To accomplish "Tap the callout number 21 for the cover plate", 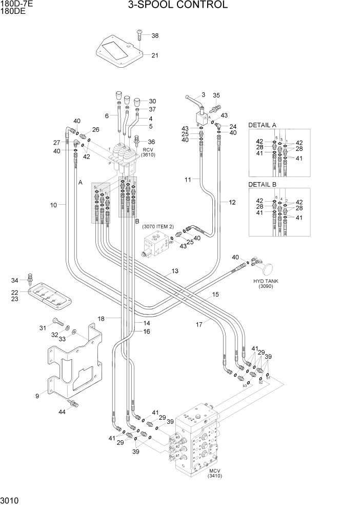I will click(x=154, y=56).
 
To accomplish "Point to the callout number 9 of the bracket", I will click(x=37, y=396).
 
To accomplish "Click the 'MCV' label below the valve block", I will click(x=214, y=471).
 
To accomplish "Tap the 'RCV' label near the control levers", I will click(x=148, y=149).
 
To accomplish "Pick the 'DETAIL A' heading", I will click(x=262, y=125).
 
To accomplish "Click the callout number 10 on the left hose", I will click(x=53, y=205).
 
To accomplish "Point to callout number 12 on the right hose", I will click(x=232, y=202).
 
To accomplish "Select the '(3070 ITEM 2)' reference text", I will click(x=158, y=226).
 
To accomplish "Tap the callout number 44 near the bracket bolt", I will click(x=62, y=412).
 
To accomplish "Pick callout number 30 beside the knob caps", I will click(x=152, y=101).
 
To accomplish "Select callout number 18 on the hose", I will click(x=101, y=319).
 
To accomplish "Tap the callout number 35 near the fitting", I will click(x=216, y=95).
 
